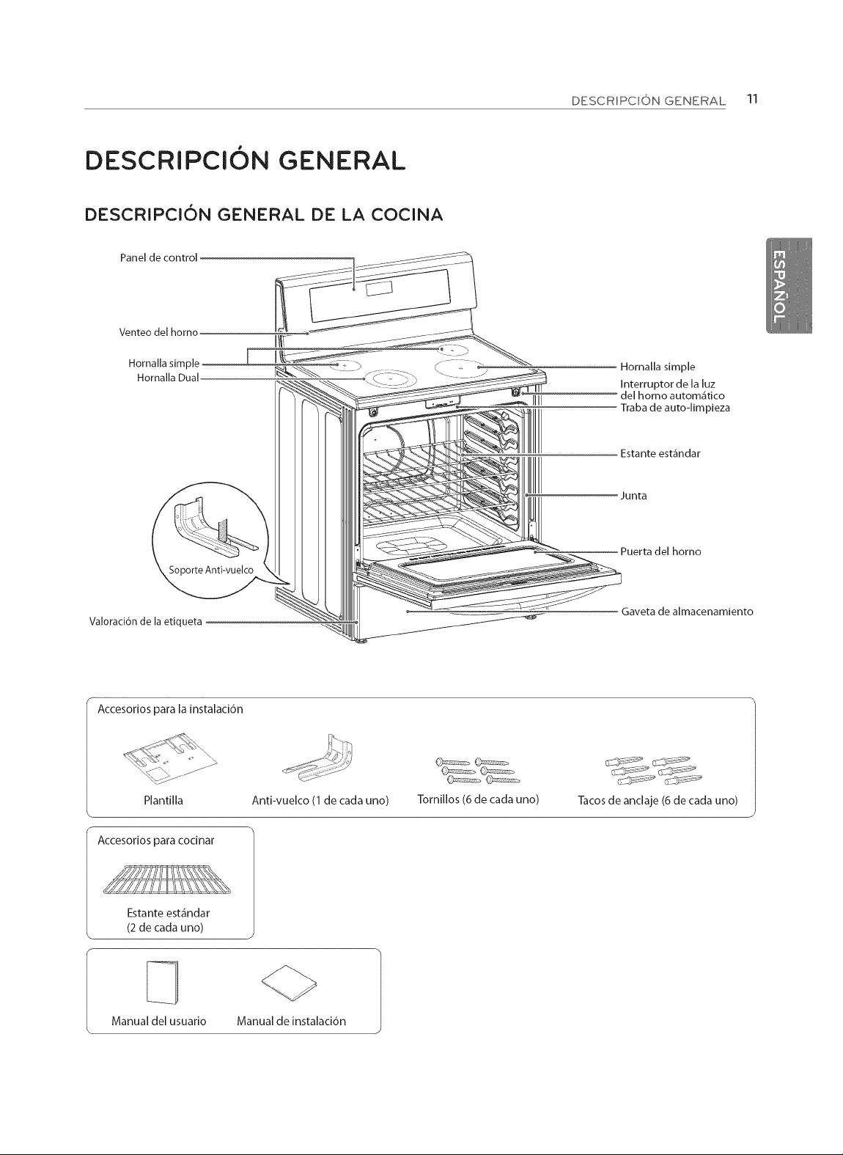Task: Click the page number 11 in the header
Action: [752, 99]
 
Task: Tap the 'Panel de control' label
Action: [159, 258]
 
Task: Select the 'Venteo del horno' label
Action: [159, 332]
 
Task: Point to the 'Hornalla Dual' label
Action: [168, 378]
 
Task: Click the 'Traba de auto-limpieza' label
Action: [675, 408]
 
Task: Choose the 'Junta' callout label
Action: [633, 496]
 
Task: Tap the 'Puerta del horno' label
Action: [660, 551]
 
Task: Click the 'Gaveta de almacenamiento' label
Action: [688, 612]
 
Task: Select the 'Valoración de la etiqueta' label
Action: [146, 621]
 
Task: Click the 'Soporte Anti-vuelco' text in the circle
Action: [211, 570]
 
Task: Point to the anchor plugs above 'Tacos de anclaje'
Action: [654, 771]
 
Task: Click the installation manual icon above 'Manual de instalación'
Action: [289, 981]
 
